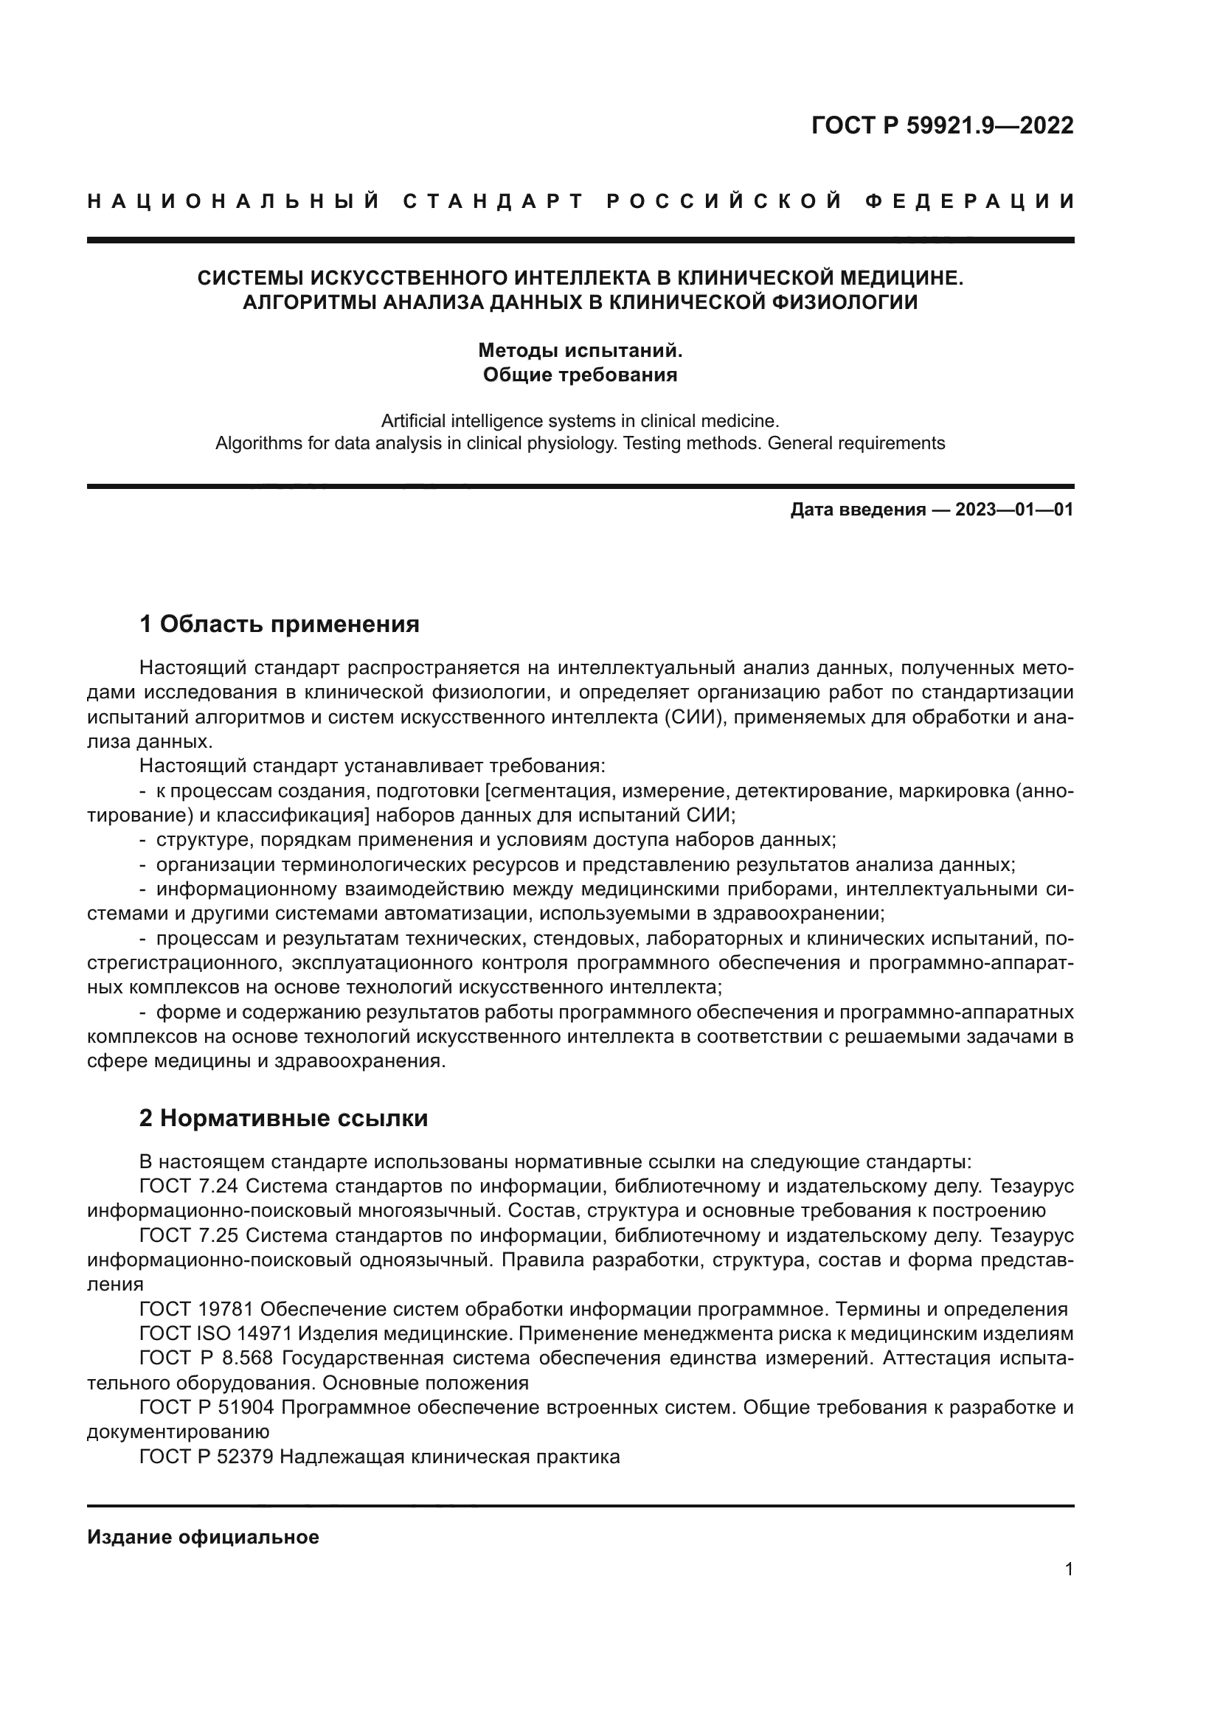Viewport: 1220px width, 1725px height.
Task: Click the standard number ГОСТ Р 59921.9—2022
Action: (x=942, y=125)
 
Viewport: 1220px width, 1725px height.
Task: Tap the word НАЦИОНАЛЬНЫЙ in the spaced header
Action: (x=234, y=201)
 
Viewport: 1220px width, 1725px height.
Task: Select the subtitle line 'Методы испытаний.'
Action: (x=580, y=350)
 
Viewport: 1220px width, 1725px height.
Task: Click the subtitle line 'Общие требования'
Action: (x=580, y=374)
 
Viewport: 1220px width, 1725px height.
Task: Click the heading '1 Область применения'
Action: (x=280, y=624)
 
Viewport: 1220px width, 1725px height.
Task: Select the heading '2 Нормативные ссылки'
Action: (x=283, y=1118)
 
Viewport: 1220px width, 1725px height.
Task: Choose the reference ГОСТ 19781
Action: (x=197, y=1310)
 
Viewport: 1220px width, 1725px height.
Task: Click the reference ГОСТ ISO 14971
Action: (x=214, y=1334)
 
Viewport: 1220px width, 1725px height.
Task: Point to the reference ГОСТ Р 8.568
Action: (x=207, y=1359)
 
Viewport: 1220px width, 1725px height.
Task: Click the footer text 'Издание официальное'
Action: (x=203, y=1537)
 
